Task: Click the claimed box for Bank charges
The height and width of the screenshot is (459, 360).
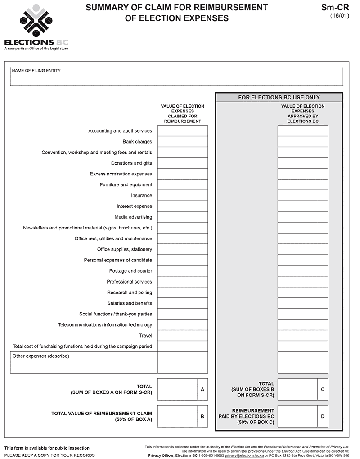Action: point(182,142)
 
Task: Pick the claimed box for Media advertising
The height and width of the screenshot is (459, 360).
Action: point(182,217)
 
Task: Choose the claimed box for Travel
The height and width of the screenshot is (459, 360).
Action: point(182,336)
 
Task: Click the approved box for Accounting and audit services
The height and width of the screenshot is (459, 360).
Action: point(302,131)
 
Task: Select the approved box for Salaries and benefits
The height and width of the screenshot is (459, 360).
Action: point(302,303)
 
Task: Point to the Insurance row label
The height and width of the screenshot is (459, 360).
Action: point(141,196)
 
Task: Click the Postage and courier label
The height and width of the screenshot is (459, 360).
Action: point(130,271)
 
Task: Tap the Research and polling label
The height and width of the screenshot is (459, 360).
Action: point(130,292)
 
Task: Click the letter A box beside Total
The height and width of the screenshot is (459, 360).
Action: point(202,389)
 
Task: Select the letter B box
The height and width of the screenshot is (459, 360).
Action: point(202,416)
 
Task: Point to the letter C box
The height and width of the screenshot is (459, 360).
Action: point(323,389)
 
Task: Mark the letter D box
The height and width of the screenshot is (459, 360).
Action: point(323,416)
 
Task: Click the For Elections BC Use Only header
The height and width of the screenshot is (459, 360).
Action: point(279,97)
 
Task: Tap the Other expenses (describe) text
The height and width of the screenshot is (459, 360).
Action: point(41,356)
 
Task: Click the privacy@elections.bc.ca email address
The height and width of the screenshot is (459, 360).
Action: point(244,455)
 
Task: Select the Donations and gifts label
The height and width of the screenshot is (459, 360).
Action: point(131,163)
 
